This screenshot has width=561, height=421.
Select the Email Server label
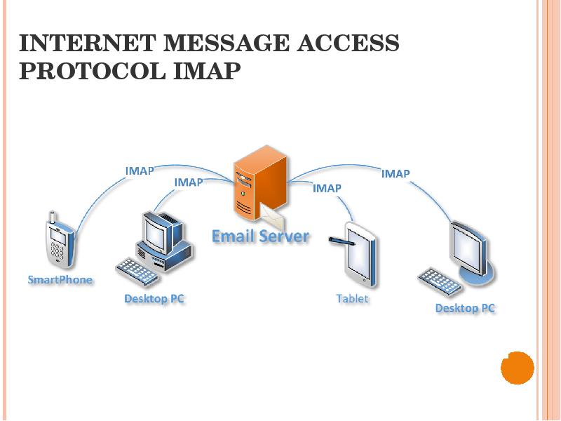point(260,236)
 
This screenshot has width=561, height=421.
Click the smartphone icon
point(59,240)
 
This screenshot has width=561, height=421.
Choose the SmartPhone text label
point(60,279)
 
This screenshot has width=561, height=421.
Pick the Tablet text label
point(352,298)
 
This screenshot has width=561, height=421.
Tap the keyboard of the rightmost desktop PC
point(440,281)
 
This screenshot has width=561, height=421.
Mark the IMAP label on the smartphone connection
point(140,171)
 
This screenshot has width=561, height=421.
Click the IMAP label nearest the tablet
point(327,188)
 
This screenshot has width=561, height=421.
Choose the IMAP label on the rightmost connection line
point(396,173)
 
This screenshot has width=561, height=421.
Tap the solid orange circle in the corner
point(518,368)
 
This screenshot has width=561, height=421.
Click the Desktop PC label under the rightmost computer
point(465,308)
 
